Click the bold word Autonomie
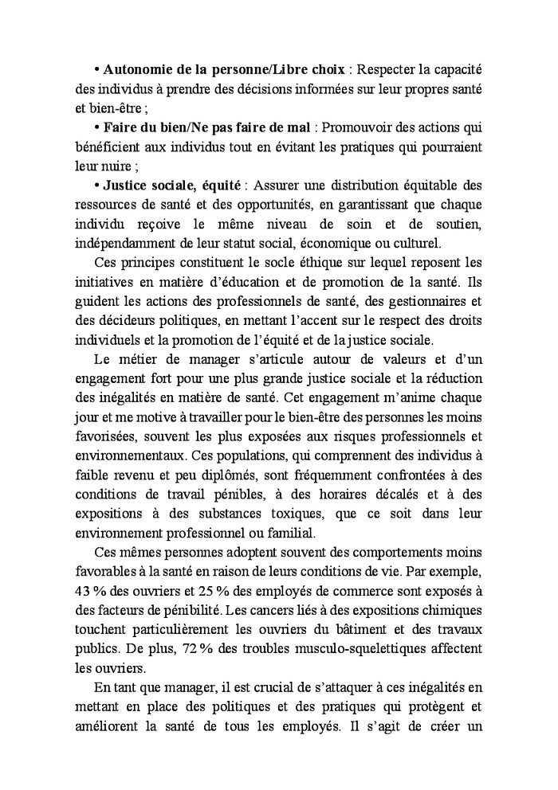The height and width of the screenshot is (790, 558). point(138,71)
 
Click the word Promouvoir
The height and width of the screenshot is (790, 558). point(354,127)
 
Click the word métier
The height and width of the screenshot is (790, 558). point(142,359)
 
